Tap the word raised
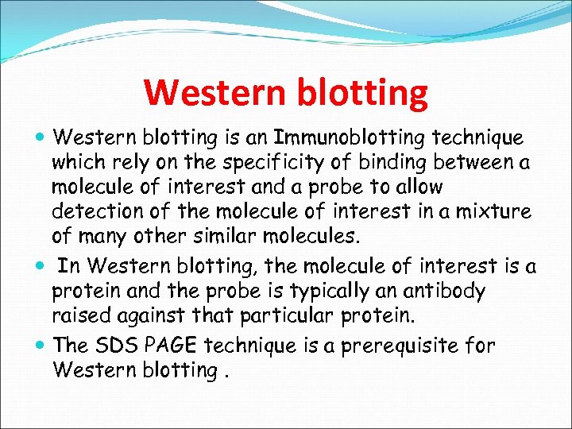[79, 315]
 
